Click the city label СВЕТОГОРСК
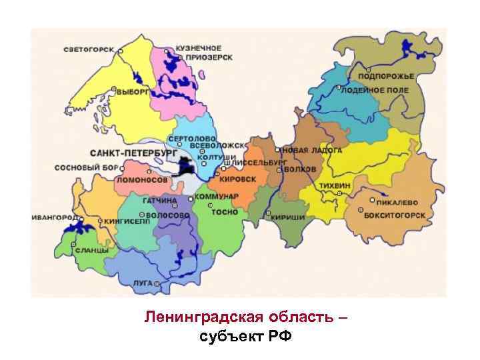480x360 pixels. [x=89, y=50]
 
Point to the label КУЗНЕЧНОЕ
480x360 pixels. [x=198, y=49]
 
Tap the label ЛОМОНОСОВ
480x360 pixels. [x=142, y=180]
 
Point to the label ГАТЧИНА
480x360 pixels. [x=159, y=200]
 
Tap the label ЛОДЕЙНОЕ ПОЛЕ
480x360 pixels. [x=374, y=90]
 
